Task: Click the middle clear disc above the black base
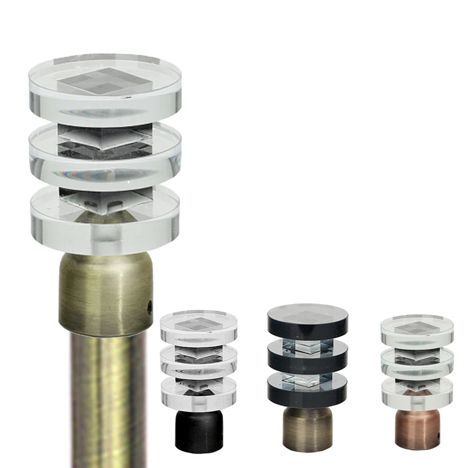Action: tap(198, 361)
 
